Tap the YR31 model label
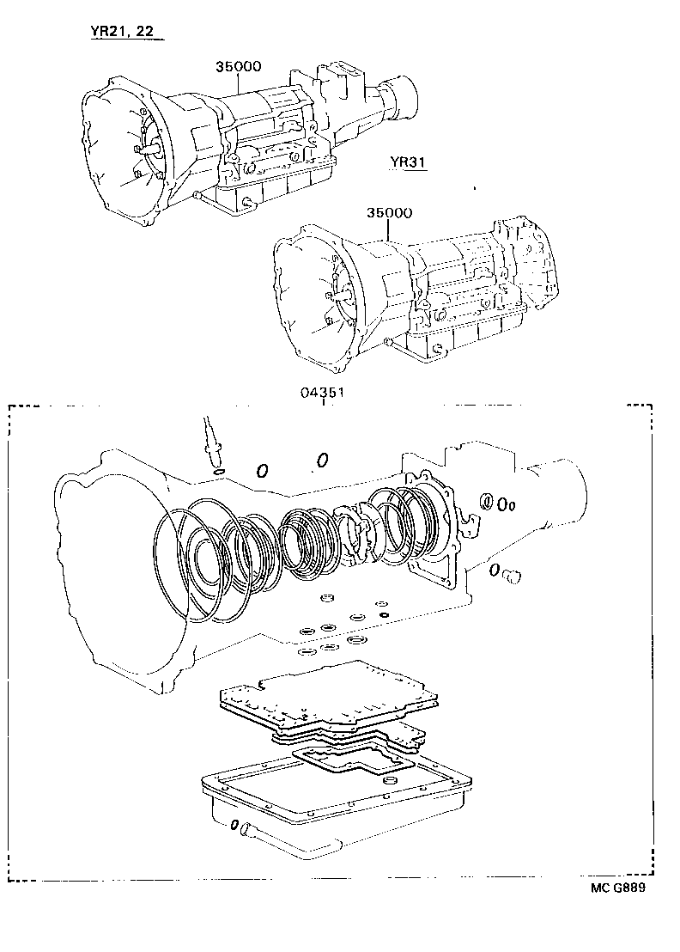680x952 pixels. click(x=408, y=164)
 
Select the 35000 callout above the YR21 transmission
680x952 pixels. click(x=238, y=66)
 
